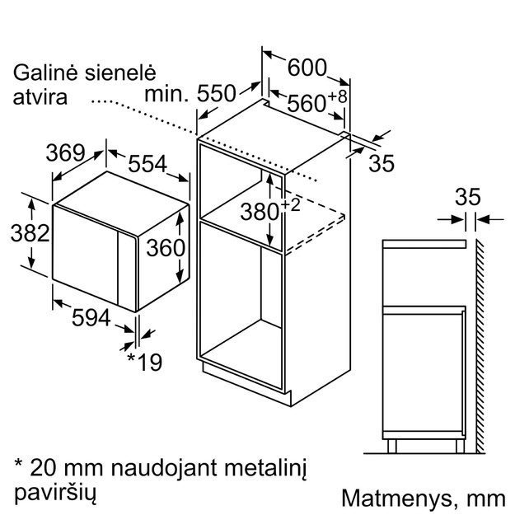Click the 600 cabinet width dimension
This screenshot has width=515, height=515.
307,68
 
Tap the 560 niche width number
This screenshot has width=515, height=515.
307,104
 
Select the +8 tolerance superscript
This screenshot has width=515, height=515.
337,96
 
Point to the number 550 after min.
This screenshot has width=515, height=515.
217,93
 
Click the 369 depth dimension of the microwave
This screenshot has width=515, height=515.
65,152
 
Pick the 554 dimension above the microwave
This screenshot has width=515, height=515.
147,164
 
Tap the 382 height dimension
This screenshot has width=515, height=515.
30,233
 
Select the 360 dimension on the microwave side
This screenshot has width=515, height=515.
166,248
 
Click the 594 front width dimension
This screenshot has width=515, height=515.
91,317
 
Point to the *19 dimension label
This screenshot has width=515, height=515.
144,362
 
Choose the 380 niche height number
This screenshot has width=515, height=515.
260,212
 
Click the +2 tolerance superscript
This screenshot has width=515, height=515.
290,205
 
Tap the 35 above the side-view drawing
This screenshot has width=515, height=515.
467,197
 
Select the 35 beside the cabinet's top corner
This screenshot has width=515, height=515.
382,163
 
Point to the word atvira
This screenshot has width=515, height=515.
40,97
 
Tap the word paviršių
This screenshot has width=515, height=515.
55,494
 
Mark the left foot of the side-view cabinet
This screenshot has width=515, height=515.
392,446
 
